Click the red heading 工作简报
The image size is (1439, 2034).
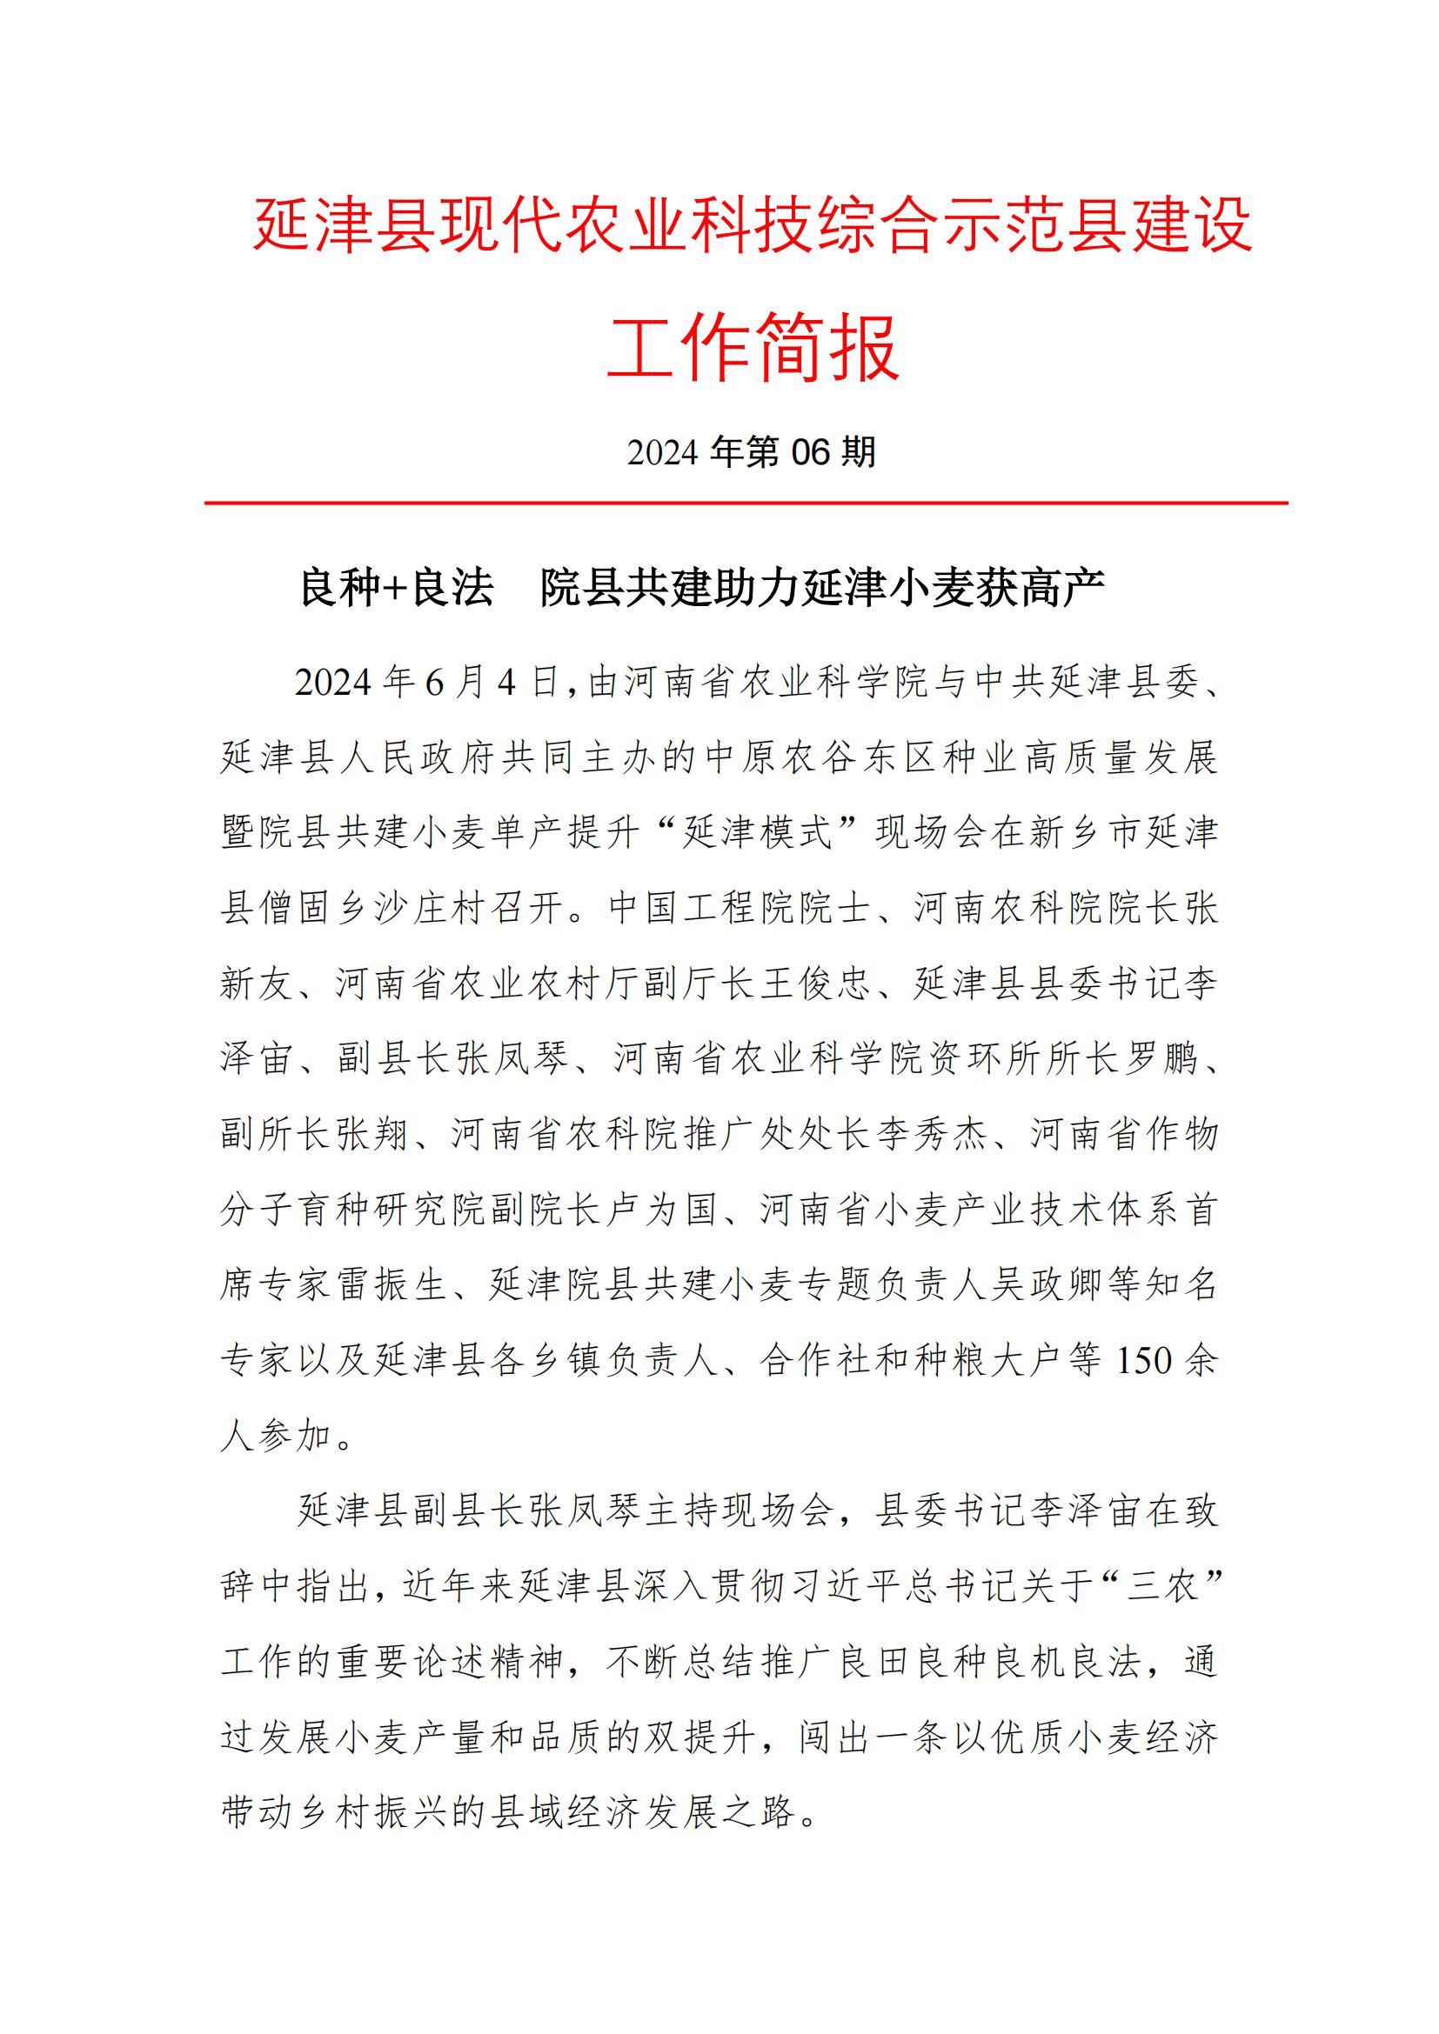[753, 346]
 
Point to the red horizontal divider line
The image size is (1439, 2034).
[746, 503]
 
